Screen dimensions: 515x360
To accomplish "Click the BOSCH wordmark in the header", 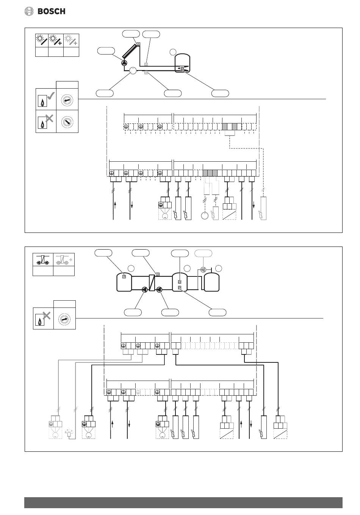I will (x=52, y=11).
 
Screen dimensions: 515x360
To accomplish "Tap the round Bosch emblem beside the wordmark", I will (x=30, y=11).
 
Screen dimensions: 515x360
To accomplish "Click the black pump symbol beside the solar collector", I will (x=125, y=63).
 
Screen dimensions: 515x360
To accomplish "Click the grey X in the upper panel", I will (x=49, y=119).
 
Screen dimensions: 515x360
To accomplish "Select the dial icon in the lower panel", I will (x=64, y=319).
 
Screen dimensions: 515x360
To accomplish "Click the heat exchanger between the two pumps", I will (x=152, y=283).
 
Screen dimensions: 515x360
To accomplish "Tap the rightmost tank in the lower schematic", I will (x=212, y=282).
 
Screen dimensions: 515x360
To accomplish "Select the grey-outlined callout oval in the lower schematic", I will (x=203, y=253).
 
